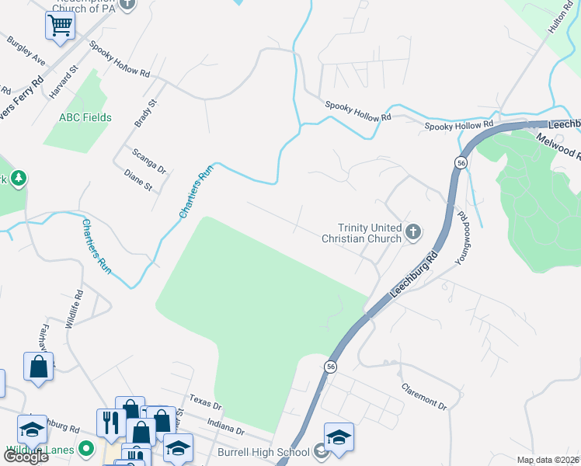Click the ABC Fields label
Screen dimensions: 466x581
tap(85, 118)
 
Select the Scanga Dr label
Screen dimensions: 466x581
tap(149, 162)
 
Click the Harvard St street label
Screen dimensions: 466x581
tap(64, 81)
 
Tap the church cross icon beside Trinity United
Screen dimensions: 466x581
tap(414, 231)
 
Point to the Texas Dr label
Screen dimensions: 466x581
tap(205, 401)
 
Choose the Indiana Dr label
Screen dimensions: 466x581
tap(226, 427)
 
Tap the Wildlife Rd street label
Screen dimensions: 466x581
tap(74, 310)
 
